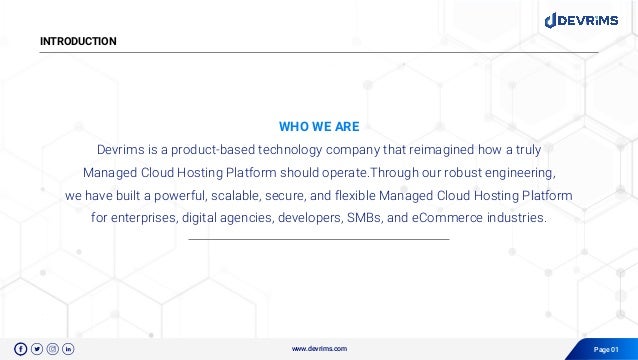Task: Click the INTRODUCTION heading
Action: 78,41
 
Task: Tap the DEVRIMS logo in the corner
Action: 585,19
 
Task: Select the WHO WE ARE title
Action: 318,127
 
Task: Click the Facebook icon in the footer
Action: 21,348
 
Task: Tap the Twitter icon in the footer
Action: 37,348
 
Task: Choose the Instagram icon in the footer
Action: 53,348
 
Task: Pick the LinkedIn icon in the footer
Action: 68,348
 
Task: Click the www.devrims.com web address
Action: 319,348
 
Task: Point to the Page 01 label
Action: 607,348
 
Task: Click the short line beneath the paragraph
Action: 318,239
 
